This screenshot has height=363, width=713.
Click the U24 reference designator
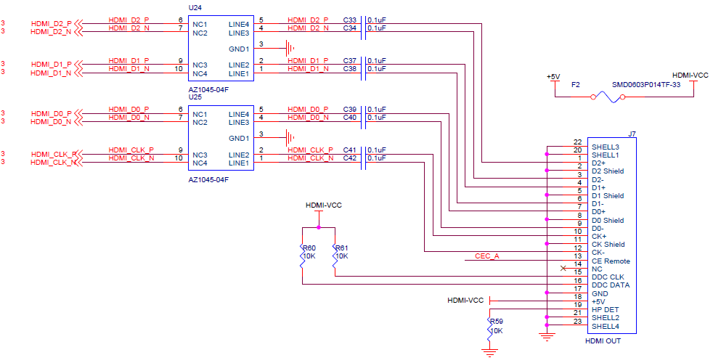click(195, 7)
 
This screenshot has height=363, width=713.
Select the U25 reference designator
click(195, 97)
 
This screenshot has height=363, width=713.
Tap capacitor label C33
click(350, 20)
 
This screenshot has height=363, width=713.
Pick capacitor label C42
click(350, 158)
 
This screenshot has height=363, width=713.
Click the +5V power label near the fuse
click(553, 76)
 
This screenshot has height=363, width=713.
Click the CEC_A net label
click(486, 256)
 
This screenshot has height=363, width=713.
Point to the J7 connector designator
click(632, 134)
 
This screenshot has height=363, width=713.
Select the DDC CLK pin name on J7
click(608, 277)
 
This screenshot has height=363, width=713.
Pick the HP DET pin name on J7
click(605, 310)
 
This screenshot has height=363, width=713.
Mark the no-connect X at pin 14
click(563, 269)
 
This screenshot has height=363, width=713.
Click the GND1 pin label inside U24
click(239, 49)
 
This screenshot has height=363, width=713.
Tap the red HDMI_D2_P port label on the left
click(51, 24)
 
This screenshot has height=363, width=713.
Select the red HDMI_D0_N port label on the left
click(51, 122)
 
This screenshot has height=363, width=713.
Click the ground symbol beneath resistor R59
click(491, 353)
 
